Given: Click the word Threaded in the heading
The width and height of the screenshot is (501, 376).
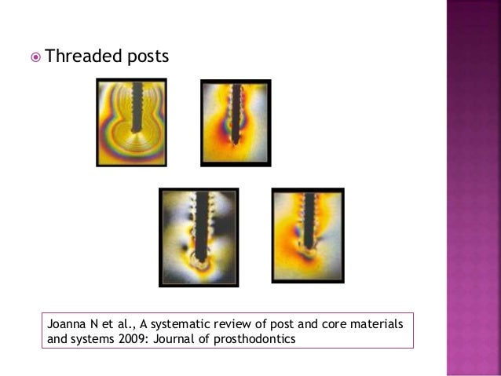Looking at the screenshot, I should (78, 57).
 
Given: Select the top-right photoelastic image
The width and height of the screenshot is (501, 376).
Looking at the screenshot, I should (236, 122).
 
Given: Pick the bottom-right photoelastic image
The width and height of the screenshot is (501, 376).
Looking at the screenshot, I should (308, 235).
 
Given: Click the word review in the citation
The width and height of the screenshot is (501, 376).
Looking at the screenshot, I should (236, 323).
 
